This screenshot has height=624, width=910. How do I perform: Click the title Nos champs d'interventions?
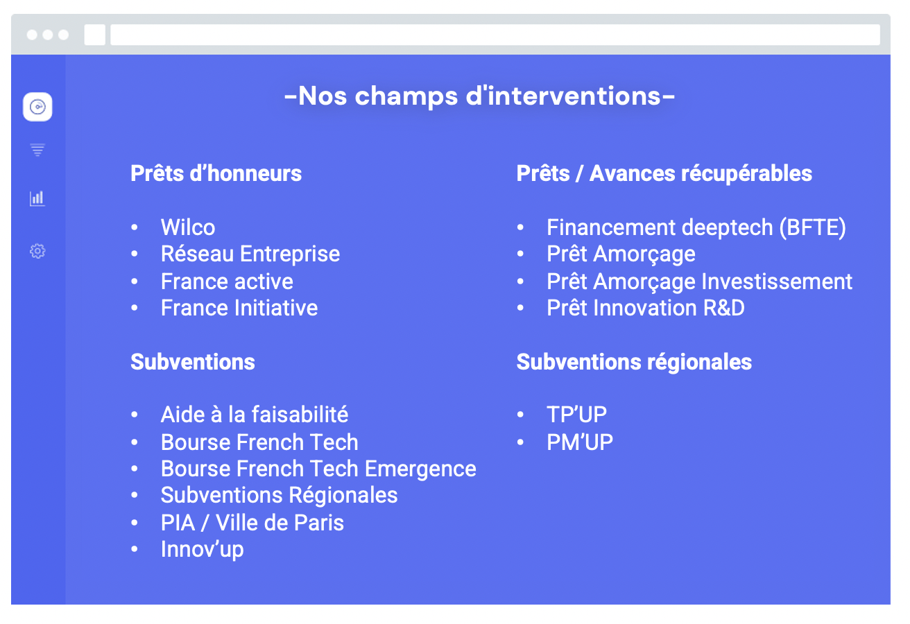[479, 96]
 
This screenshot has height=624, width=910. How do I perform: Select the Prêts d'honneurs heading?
[216, 173]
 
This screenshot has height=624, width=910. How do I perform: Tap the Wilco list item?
[188, 227]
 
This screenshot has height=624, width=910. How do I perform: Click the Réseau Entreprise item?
[250, 254]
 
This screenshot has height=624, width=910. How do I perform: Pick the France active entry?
[227, 281]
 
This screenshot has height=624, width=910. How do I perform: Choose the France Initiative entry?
[239, 308]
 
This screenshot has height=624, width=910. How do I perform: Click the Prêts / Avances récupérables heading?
[664, 173]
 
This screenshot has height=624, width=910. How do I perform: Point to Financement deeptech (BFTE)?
[696, 227]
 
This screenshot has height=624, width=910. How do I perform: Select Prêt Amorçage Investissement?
[700, 281]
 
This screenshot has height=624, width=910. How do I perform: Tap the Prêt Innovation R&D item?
[646, 308]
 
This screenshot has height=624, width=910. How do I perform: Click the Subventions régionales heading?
[634, 362]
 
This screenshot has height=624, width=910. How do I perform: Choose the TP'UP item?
[576, 415]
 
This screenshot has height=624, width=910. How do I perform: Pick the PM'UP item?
[580, 442]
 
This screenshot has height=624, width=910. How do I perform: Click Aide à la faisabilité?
[255, 415]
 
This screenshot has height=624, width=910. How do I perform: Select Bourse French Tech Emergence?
[318, 469]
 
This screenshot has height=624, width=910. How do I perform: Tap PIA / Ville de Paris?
[252, 523]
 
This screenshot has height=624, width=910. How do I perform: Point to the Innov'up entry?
[202, 549]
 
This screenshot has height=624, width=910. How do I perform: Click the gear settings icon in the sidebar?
[37, 251]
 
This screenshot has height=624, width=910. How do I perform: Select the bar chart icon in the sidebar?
[37, 198]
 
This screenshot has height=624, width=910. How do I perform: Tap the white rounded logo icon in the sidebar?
[37, 107]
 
